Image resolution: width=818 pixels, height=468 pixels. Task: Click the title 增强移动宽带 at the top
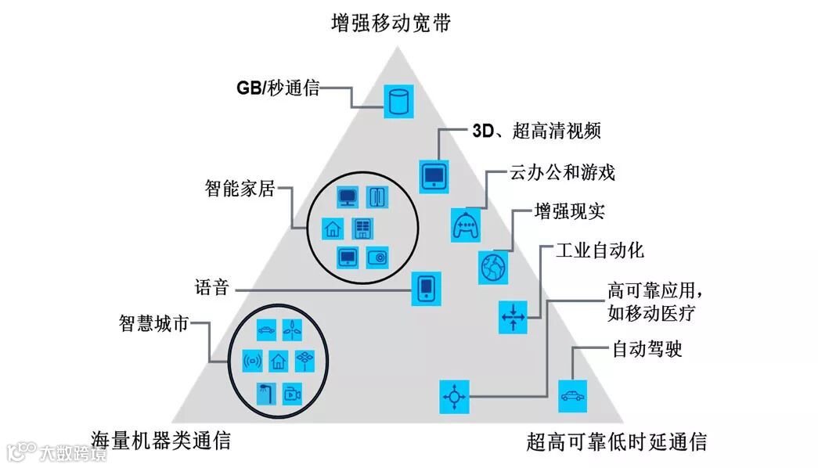pos(391,23)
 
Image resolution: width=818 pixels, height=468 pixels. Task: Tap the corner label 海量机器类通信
pos(160,440)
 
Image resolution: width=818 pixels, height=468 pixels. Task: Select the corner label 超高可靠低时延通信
pos(617,441)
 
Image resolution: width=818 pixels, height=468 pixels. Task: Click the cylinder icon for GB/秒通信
pos(398,102)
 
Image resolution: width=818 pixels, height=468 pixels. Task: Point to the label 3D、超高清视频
pos(536,131)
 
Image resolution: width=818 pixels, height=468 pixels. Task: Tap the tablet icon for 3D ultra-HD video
pos(433,175)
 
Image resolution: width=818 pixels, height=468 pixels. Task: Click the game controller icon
pos(466,225)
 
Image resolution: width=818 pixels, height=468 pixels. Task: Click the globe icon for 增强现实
pos(493,266)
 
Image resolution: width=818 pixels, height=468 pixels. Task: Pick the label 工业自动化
pos(600,250)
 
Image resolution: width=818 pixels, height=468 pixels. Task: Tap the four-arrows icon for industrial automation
pos(514,316)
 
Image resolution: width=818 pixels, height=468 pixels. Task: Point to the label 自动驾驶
pos(647,348)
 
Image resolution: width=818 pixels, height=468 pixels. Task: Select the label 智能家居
pos(240,189)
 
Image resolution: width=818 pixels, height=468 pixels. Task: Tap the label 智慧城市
pos(153,322)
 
